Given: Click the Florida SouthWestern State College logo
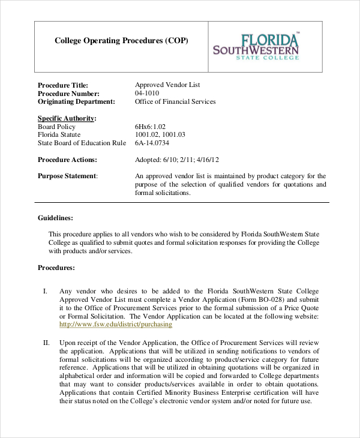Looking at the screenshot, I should pyautogui.click(x=256, y=47).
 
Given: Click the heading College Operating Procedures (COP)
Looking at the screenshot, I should pyautogui.click(x=121, y=41).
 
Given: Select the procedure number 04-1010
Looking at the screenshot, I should pyautogui.click(x=148, y=94).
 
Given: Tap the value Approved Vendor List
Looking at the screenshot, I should pyautogui.click(x=167, y=85).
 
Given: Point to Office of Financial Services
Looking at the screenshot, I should pyautogui.click(x=175, y=102).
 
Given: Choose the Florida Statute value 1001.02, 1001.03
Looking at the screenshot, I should pyautogui.click(x=160, y=135).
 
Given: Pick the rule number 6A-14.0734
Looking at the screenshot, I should pyautogui.click(x=152, y=143).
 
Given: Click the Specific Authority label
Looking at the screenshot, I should pyautogui.click(x=67, y=119).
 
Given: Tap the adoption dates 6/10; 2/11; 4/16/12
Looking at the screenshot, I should pyautogui.click(x=177, y=160).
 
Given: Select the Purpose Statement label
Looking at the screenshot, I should pyautogui.click(x=68, y=176).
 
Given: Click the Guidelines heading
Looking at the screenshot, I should pyautogui.click(x=56, y=218).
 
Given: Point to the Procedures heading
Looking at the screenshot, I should pyautogui.click(x=56, y=268).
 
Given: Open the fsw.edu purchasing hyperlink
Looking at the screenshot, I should pyautogui.click(x=115, y=325).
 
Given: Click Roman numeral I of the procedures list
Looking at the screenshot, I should pyautogui.click(x=46, y=291).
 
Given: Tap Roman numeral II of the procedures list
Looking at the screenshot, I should pyautogui.click(x=46, y=343).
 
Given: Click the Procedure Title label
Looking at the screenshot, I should pyautogui.click(x=63, y=85).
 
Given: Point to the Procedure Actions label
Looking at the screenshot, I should pyautogui.click(x=67, y=160).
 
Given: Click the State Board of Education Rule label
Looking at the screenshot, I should pyautogui.click(x=82, y=143).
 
